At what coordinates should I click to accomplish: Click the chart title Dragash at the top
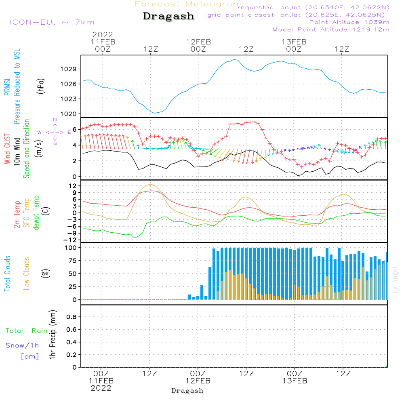(x=168, y=17)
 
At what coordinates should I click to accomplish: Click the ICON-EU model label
(x=52, y=23)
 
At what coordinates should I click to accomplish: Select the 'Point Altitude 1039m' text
(x=349, y=22)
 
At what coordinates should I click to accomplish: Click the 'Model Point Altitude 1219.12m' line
(x=331, y=29)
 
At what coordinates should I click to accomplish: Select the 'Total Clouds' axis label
(x=7, y=273)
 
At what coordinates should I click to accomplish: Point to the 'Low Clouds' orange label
(x=27, y=273)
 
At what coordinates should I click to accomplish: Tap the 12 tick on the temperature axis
(x=73, y=186)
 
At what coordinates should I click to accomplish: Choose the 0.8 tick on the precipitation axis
(x=72, y=317)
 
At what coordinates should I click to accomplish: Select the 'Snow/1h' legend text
(x=22, y=345)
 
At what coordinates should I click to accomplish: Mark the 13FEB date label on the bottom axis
(x=295, y=381)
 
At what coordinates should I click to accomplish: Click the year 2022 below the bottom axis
(x=101, y=388)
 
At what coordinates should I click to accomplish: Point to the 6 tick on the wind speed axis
(x=74, y=129)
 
